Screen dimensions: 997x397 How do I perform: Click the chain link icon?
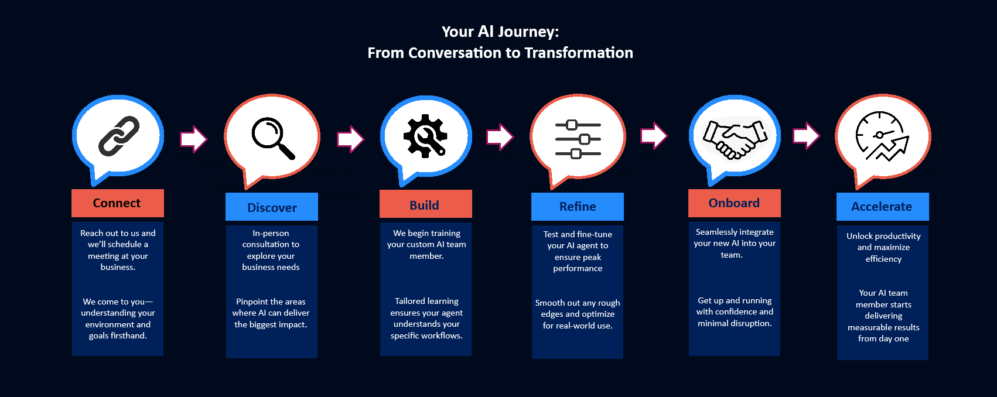tap(119, 136)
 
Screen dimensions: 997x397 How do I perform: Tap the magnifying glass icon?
tap(273, 138)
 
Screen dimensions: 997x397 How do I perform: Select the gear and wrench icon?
tap(425, 136)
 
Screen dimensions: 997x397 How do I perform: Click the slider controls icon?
tap(578, 139)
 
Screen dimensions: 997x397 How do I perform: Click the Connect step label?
tap(117, 203)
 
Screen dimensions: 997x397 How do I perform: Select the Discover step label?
tap(272, 207)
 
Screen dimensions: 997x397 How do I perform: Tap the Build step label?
tap(425, 204)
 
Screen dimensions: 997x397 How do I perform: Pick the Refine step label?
tap(577, 207)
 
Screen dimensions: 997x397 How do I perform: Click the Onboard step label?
tap(735, 203)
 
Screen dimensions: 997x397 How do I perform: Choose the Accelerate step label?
tap(882, 207)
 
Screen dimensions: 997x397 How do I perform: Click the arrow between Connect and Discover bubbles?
tap(194, 139)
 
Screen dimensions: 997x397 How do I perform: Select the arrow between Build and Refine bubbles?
tap(500, 136)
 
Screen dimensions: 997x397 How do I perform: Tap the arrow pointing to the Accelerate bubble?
tap(806, 135)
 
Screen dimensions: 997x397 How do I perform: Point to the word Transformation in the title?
tap(579, 53)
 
